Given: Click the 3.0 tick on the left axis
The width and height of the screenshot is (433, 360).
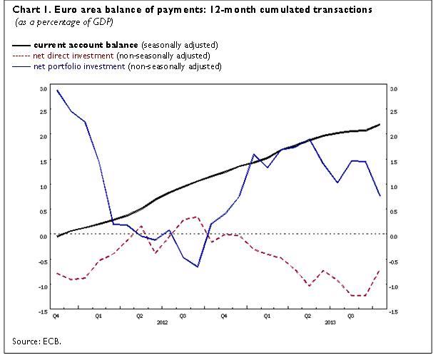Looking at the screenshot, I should [x=43, y=89].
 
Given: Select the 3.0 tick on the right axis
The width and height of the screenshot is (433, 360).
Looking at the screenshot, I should [x=394, y=89].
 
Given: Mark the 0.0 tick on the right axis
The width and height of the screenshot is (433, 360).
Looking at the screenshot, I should [x=394, y=236].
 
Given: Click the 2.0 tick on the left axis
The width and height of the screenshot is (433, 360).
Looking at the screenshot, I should [x=43, y=136].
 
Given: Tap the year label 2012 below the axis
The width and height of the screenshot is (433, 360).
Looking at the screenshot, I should [x=162, y=322].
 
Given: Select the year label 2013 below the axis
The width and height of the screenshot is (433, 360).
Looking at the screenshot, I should [x=330, y=322].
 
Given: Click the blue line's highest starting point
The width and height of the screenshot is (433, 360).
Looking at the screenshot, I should [x=57, y=91].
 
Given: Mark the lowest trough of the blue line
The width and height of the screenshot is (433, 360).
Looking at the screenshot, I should [x=197, y=267].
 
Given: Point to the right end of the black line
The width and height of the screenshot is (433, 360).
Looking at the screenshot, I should [x=379, y=125].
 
